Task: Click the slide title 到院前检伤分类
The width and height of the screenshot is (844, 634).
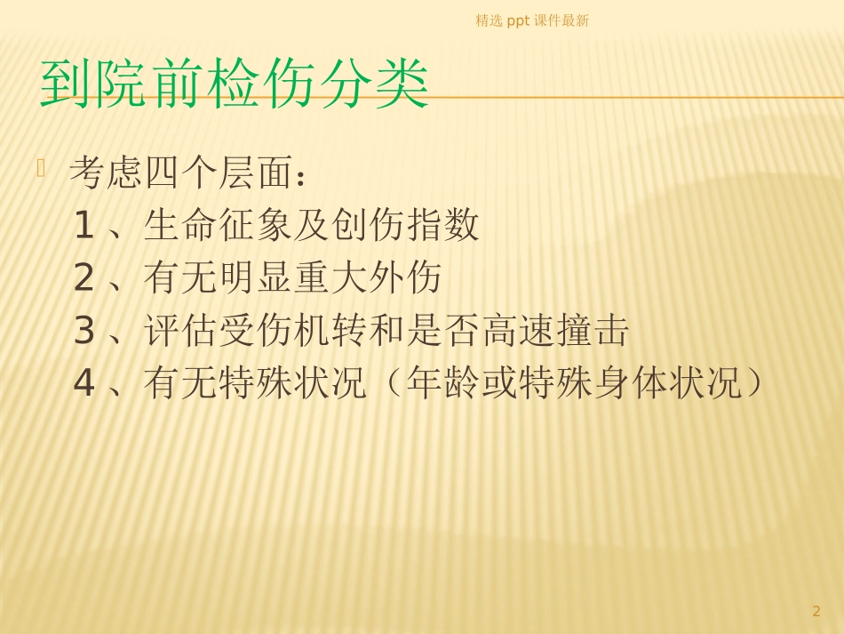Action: [235, 84]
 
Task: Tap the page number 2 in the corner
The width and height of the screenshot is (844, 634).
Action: [816, 611]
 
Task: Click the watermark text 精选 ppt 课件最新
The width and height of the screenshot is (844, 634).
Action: [532, 20]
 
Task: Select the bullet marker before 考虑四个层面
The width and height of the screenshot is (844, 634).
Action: [41, 166]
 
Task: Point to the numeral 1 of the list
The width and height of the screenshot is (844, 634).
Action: [84, 226]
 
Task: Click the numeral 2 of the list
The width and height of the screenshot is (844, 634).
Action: [84, 279]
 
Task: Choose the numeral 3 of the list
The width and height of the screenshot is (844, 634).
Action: [84, 333]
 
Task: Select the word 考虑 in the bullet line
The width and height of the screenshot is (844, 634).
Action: [106, 173]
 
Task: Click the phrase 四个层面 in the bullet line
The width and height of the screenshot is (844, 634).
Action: [218, 173]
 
